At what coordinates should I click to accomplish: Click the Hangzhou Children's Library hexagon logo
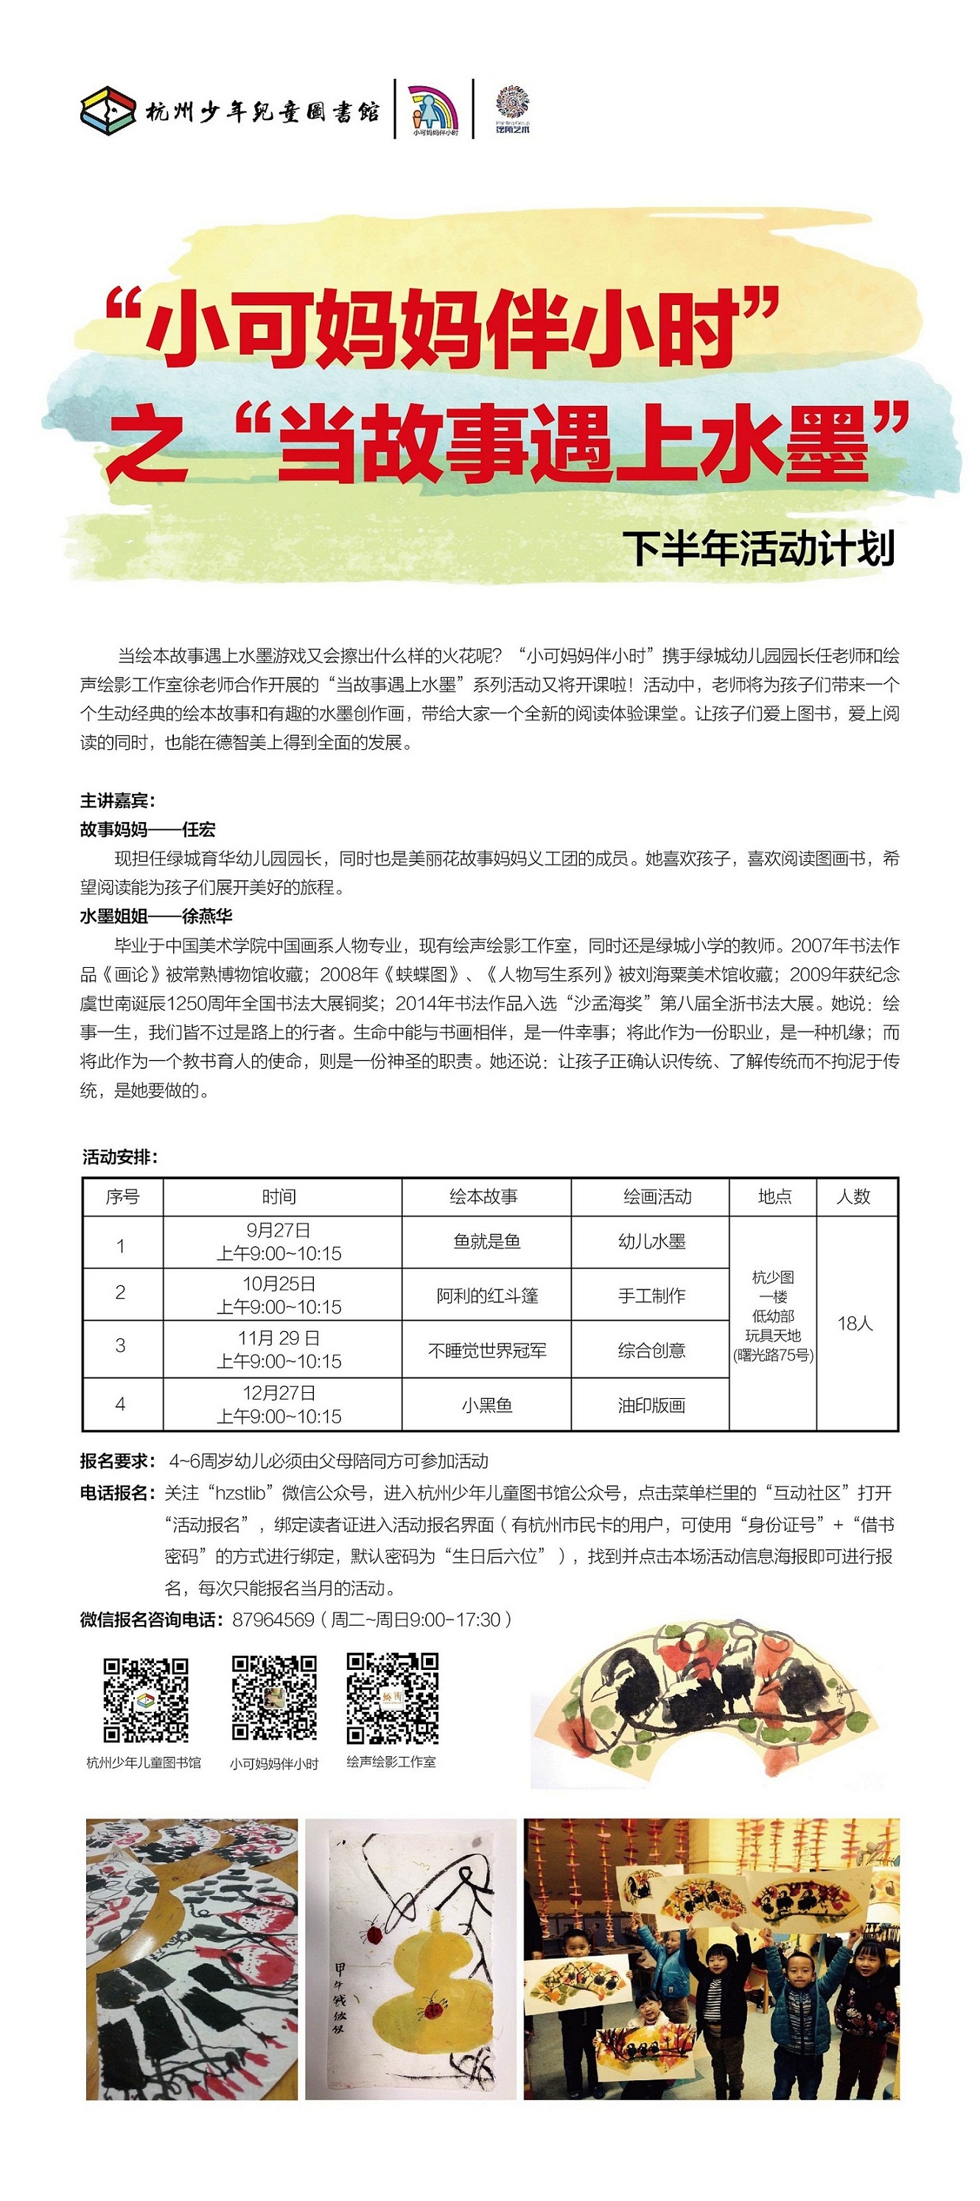(108, 110)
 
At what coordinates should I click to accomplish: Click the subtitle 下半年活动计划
(758, 549)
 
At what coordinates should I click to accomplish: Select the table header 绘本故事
(483, 1196)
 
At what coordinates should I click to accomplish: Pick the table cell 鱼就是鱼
(486, 1241)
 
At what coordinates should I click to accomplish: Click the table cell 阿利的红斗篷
(486, 1295)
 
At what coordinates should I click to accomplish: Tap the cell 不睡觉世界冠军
(486, 1350)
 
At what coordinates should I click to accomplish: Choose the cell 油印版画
(651, 1405)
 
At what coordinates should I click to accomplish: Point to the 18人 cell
(855, 1323)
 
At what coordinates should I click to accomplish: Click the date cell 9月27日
(279, 1230)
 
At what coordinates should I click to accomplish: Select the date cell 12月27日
(279, 1393)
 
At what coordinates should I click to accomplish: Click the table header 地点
(774, 1196)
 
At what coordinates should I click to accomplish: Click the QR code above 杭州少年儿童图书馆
(146, 1700)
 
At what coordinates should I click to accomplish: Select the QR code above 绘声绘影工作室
(392, 1699)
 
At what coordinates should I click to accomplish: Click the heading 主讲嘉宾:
(118, 801)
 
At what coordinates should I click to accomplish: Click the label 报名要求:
(118, 1460)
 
